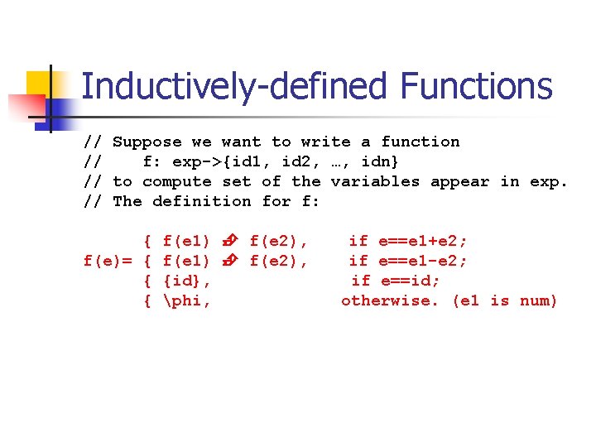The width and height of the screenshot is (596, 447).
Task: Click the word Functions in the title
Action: pyautogui.click(x=476, y=87)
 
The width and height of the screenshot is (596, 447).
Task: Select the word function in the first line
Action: pyautogui.click(x=421, y=142)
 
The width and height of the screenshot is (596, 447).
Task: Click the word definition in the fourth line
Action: pyautogui.click(x=202, y=201)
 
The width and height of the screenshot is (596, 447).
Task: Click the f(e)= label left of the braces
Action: pyautogui.click(x=108, y=261)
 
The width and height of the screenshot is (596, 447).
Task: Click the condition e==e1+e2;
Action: pyautogui.click(x=423, y=241)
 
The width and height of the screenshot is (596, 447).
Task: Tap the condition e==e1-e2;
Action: pyautogui.click(x=423, y=261)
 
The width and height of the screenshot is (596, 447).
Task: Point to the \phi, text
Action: pyautogui.click(x=187, y=300)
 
